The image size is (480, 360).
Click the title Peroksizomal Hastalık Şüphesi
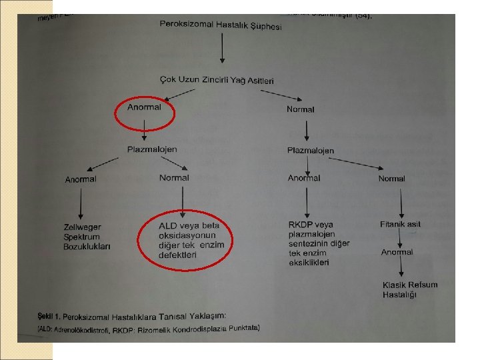click(221, 25)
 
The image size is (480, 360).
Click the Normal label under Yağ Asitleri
click(300, 109)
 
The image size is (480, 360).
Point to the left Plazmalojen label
click(153, 149)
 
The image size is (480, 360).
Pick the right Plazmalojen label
click(311, 151)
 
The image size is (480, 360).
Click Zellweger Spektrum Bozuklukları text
click(87, 237)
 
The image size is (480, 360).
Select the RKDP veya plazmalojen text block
click(319, 243)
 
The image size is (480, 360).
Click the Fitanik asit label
click(401, 225)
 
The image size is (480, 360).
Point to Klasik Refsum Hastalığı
click(409, 289)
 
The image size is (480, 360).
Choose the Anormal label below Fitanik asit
click(397, 253)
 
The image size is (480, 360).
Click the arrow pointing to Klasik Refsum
click(400, 268)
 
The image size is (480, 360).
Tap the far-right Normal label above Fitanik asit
click(391, 179)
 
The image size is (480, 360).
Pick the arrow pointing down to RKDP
click(306, 201)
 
